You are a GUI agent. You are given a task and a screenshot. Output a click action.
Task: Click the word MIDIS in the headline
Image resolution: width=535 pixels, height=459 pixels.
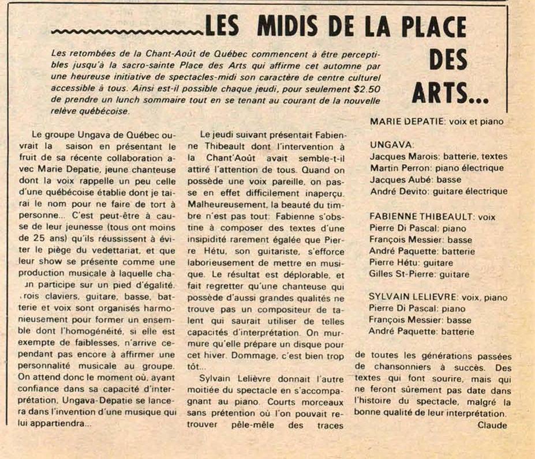289,27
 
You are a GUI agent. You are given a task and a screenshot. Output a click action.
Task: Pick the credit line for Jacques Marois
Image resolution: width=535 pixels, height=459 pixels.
439,156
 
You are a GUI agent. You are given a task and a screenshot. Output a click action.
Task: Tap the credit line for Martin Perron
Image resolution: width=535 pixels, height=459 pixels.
436,168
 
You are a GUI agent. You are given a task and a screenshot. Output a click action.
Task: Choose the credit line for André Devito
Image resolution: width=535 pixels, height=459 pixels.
438,191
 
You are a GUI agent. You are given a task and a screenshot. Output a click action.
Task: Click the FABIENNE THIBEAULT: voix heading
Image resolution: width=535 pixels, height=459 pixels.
432,217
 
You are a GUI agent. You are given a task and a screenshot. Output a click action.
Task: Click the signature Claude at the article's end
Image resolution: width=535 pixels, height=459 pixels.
492,426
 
